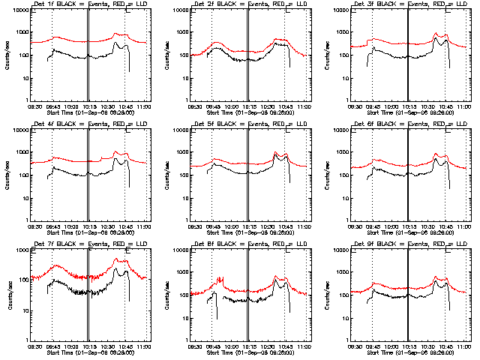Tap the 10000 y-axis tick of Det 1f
[x=23, y=10]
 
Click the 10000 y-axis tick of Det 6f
[x=344, y=130]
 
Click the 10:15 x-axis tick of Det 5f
[x=249, y=228]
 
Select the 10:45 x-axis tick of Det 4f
[x=126, y=228]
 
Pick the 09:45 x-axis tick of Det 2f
[x=212, y=108]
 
